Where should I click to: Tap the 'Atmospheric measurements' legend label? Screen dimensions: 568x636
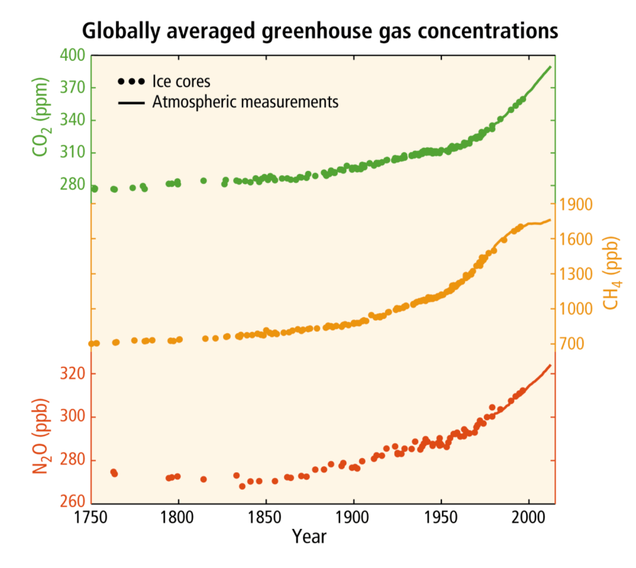coord(245,101)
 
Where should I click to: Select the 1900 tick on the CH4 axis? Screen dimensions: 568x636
coord(576,204)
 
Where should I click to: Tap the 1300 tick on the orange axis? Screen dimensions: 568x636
coord(576,274)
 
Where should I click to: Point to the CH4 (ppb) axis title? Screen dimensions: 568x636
coord(612,273)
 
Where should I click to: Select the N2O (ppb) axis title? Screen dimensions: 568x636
coord(41,438)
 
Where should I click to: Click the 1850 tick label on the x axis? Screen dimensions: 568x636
coord(266,518)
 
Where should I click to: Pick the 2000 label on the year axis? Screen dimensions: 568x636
coord(528,518)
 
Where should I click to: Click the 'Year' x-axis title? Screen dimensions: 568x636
coord(309,536)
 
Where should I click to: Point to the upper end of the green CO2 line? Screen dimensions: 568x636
coord(550,66)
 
